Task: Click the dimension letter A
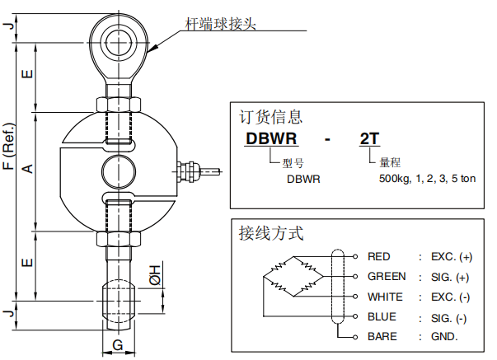pos(26,169)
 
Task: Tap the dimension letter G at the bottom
pos(118,344)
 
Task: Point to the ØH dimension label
pos(156,274)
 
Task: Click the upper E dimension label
pos(26,75)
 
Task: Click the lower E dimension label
pos(26,264)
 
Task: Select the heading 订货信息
pos(270,117)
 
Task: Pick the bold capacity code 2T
pos(370,138)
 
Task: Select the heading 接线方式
pos(270,233)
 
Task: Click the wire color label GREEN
pos(387,276)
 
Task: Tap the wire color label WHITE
pos(386,297)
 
